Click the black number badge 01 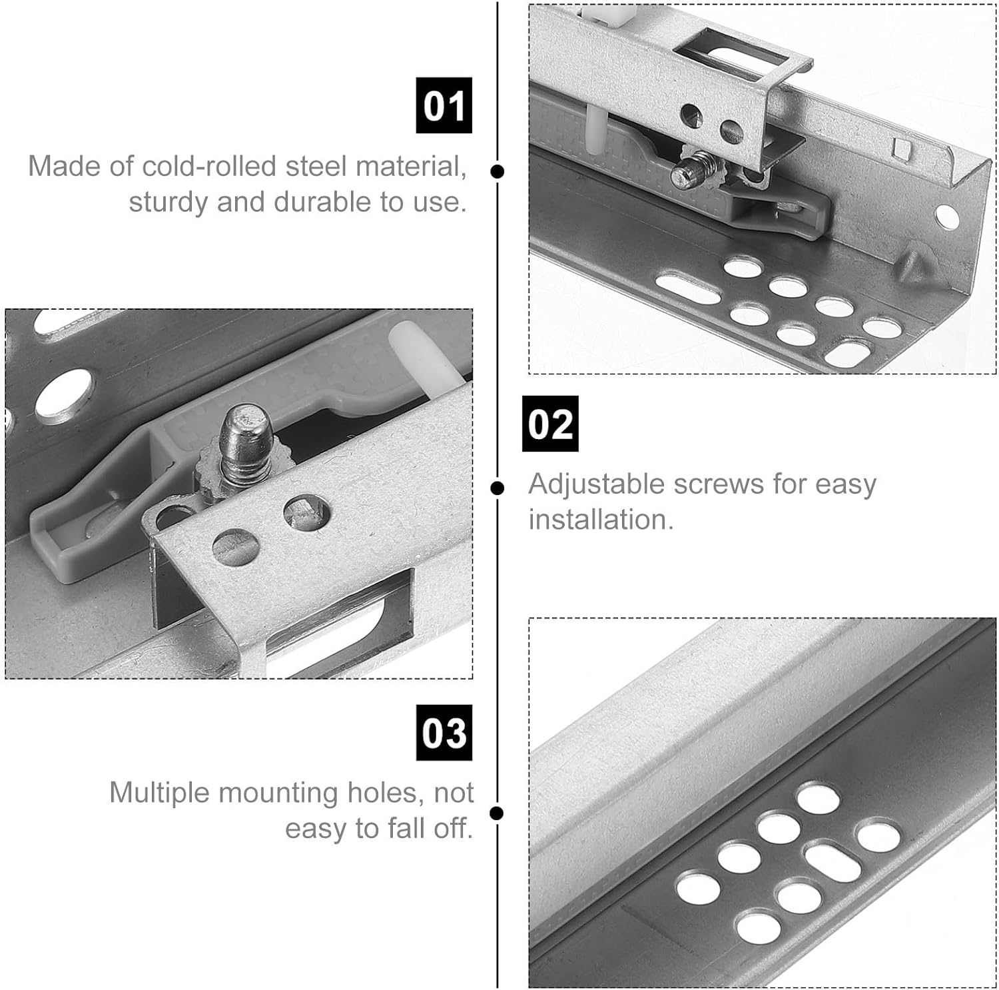coord(444,105)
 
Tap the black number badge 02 coord(549,424)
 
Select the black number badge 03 coord(444,732)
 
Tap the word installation coord(601,520)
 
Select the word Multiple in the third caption coord(159,793)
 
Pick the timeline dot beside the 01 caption coord(497,171)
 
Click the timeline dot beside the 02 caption coord(497,488)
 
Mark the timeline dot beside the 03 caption coord(497,813)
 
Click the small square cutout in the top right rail coord(902,148)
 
